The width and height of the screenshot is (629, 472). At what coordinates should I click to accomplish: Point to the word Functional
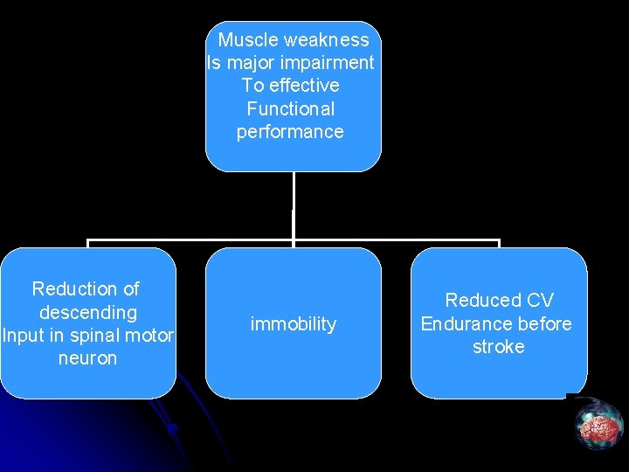pos(291,109)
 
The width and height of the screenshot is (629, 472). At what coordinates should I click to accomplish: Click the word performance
pos(290,132)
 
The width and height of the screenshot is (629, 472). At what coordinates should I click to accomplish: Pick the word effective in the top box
pos(304,86)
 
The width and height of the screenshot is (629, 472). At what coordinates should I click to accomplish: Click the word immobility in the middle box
pos(293,324)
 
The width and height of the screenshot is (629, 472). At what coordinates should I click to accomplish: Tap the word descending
pos(88,312)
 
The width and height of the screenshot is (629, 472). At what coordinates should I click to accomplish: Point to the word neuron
pos(87,358)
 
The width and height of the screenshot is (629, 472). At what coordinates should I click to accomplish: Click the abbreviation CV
pos(539,301)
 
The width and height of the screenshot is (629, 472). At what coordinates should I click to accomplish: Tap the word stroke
pos(498,347)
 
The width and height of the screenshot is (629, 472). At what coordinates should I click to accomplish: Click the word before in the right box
pos(543,324)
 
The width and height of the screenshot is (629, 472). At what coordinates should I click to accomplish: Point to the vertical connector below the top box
pos(294,205)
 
